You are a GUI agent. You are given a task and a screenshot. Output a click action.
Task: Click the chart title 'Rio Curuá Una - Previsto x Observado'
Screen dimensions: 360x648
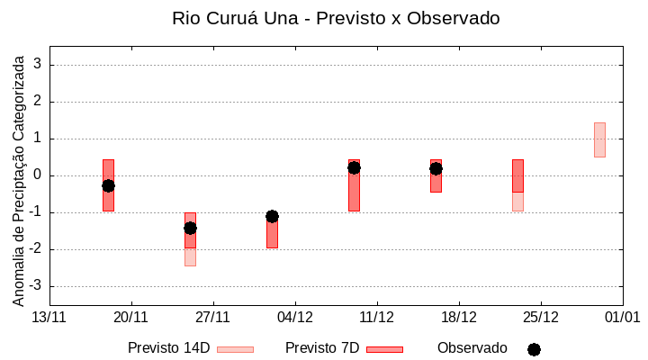pyautogui.click(x=336, y=18)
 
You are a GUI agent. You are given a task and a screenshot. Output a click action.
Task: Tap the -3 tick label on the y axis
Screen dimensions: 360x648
pyautogui.click(x=36, y=286)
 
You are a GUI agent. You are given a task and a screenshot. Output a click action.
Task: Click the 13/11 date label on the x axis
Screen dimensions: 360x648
pyautogui.click(x=49, y=317)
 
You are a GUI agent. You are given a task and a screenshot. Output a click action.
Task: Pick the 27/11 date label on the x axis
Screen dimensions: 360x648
pyautogui.click(x=213, y=317)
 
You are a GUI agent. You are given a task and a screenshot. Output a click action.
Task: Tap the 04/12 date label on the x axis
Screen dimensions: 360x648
pyautogui.click(x=295, y=317)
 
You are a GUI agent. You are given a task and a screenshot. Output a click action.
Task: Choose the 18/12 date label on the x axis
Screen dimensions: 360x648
pyautogui.click(x=459, y=317)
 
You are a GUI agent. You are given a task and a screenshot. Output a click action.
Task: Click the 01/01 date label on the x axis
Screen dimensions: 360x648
pyautogui.click(x=622, y=317)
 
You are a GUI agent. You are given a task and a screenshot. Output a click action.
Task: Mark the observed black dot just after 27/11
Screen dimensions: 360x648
pyautogui.click(x=190, y=228)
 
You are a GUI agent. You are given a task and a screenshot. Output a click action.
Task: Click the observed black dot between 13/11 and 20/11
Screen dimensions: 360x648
pyautogui.click(x=108, y=185)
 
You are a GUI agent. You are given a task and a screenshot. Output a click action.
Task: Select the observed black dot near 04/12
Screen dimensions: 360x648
pyautogui.click(x=272, y=216)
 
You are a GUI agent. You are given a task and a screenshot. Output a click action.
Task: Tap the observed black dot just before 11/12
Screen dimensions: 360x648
pyautogui.click(x=354, y=167)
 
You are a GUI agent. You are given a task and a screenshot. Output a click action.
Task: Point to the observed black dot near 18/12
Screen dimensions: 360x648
pyautogui.click(x=436, y=168)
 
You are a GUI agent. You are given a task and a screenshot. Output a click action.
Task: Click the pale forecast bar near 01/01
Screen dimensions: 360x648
pyautogui.click(x=599, y=139)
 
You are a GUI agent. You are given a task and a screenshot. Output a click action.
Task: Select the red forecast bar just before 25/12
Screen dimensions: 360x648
pyautogui.click(x=517, y=175)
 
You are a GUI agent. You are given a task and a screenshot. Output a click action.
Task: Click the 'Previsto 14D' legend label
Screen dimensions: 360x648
pyautogui.click(x=168, y=348)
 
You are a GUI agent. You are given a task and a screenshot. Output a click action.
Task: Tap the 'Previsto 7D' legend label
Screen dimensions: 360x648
pyautogui.click(x=322, y=348)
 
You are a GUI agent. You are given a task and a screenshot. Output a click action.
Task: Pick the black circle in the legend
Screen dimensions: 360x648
pyautogui.click(x=534, y=349)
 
